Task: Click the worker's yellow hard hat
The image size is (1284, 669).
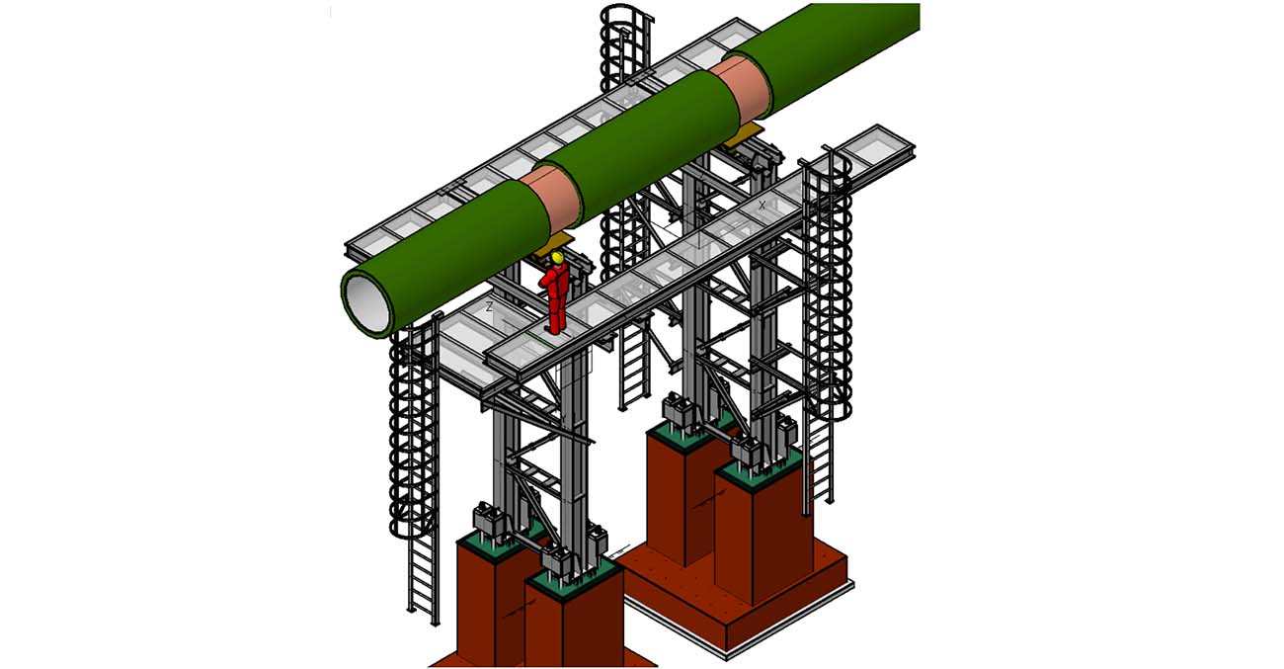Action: coord(557,257)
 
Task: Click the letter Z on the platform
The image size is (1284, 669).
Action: coord(489,306)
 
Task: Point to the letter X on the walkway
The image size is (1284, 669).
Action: coord(762,205)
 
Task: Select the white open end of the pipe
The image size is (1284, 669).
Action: coord(366,303)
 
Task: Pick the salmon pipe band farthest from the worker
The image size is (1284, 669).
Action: coord(743,90)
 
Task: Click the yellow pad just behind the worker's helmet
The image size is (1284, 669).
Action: coord(550,244)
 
